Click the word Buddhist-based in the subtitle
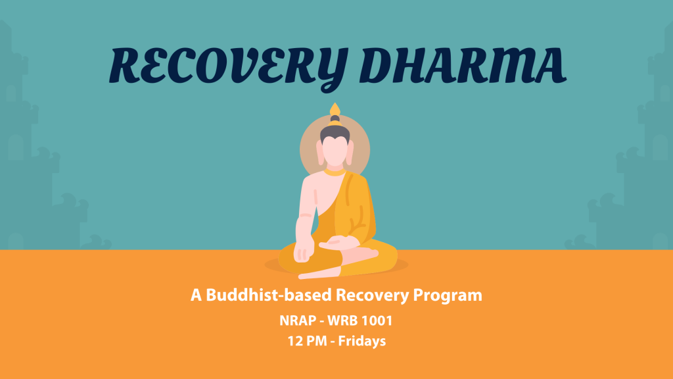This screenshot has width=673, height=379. click(x=269, y=295)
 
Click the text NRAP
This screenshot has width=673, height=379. click(x=298, y=320)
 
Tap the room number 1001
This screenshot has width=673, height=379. click(x=377, y=320)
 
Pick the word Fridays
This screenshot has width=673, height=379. click(x=362, y=341)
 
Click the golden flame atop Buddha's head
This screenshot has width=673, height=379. click(x=335, y=109)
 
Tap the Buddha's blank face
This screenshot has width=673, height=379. click(x=335, y=151)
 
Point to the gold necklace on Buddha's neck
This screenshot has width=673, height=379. click(x=335, y=173)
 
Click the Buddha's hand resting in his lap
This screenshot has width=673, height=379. click(x=338, y=243)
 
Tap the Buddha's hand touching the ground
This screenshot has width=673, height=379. click(x=302, y=251)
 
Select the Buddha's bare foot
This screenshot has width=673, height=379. click(x=320, y=272)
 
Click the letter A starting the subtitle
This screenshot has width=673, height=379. click(x=196, y=295)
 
